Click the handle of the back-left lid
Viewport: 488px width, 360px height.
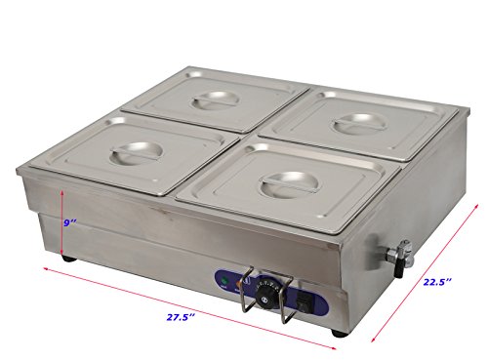(212, 100)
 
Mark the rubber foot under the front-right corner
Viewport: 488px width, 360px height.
(337, 333)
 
